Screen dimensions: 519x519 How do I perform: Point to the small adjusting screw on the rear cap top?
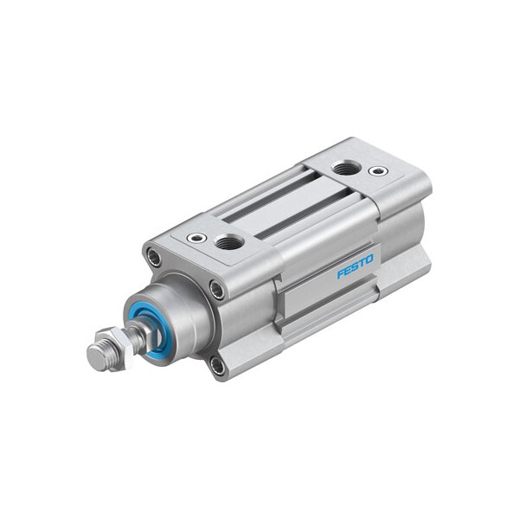click(x=377, y=171)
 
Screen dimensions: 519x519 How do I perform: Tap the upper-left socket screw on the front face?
click(x=154, y=256)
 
